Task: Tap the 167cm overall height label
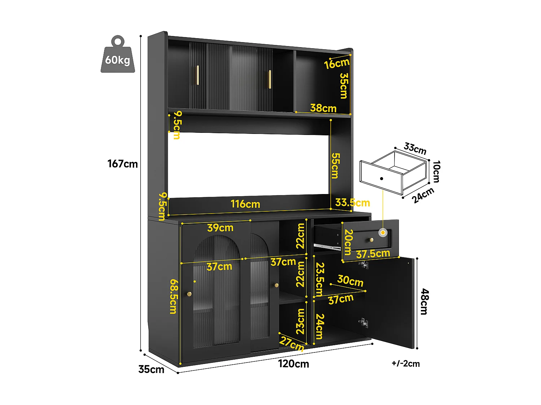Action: click(x=123, y=164)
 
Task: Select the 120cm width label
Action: click(x=293, y=364)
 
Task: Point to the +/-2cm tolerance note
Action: click(x=406, y=364)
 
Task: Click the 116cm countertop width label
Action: click(x=245, y=204)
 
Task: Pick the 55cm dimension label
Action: click(x=335, y=166)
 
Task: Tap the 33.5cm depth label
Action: click(x=352, y=203)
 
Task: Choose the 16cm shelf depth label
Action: click(x=337, y=64)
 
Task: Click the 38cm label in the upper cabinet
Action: click(x=323, y=108)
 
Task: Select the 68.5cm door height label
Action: click(x=173, y=296)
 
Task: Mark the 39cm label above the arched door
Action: click(x=220, y=228)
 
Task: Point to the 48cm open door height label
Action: click(x=425, y=301)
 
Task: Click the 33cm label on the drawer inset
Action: click(x=415, y=148)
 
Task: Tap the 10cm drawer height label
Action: click(x=436, y=171)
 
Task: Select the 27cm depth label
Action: click(x=292, y=343)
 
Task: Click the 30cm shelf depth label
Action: click(x=350, y=280)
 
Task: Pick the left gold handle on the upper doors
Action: click(x=197, y=75)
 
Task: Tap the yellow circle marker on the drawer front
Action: click(x=383, y=233)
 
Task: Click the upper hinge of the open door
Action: click(x=364, y=265)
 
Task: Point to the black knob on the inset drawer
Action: click(x=381, y=178)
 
